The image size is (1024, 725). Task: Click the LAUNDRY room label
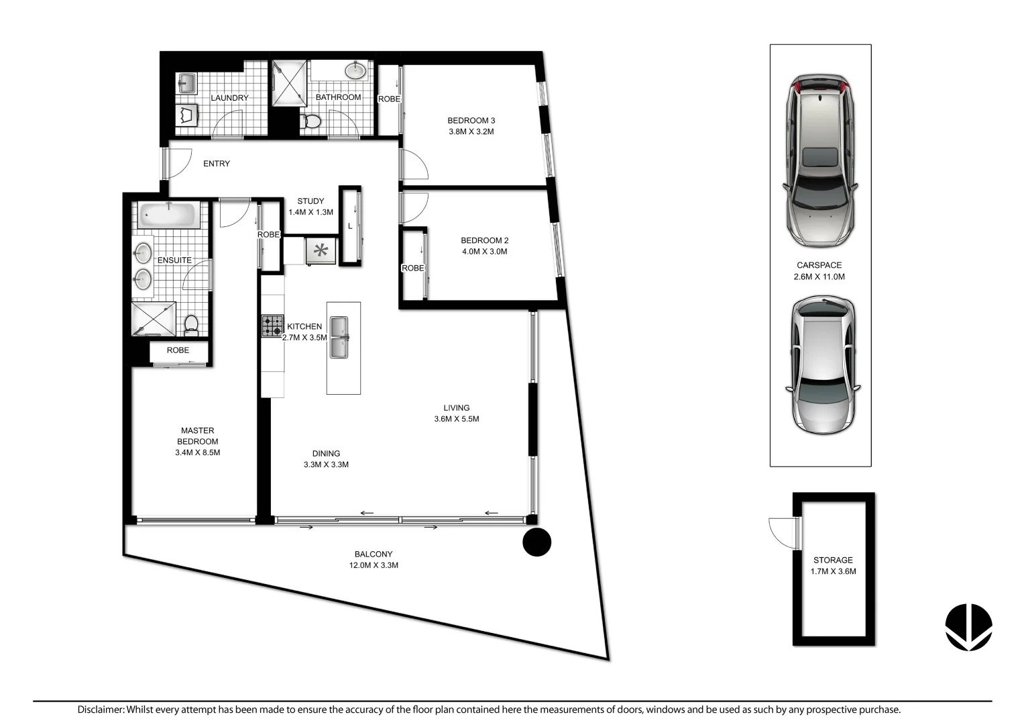(x=229, y=98)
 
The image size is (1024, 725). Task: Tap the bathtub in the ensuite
(x=168, y=216)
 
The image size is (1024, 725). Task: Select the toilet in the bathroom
(x=311, y=122)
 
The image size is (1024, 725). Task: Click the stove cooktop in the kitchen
(x=272, y=326)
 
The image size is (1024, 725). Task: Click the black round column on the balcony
(x=536, y=542)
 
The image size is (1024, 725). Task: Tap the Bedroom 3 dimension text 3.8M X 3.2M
(x=471, y=132)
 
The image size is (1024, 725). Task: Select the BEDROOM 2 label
(x=484, y=240)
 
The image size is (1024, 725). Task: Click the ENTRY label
(x=217, y=164)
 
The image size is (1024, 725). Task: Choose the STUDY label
(x=310, y=201)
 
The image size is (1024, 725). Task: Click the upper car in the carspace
(x=820, y=160)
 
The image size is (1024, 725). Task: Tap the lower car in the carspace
(x=822, y=366)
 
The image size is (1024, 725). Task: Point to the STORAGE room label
(x=833, y=560)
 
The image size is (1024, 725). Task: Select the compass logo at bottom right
(x=968, y=627)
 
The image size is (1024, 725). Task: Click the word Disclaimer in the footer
(x=101, y=710)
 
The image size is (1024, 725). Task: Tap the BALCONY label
(x=374, y=554)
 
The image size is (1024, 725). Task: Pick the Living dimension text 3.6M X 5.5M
(x=456, y=419)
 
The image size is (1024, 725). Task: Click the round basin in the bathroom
(x=355, y=70)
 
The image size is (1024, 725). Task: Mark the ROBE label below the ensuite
(x=178, y=350)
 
